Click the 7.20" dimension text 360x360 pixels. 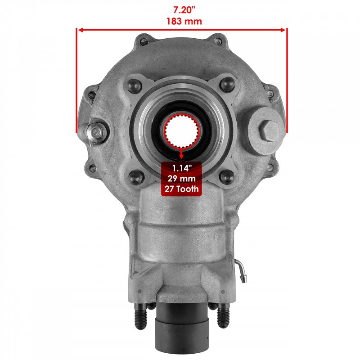tap(184, 10)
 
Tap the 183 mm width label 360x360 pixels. tap(184, 21)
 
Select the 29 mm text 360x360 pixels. tap(182, 179)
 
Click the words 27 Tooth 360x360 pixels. tap(182, 189)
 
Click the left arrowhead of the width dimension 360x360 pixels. tap(81, 30)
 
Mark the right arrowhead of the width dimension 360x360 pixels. tap(283, 30)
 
